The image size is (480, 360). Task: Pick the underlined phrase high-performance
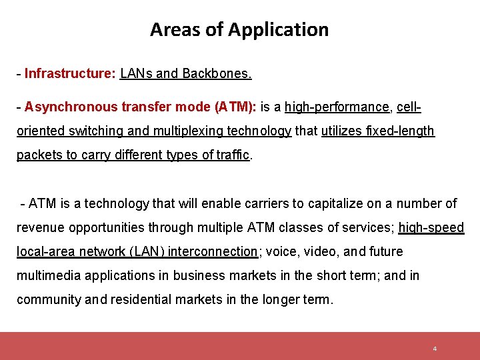coord(337,107)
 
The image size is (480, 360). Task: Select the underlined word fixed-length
coord(402,131)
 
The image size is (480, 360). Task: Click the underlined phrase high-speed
coord(431,227)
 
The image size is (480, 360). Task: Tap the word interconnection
coord(213,251)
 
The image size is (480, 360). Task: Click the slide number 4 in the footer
coord(435,349)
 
